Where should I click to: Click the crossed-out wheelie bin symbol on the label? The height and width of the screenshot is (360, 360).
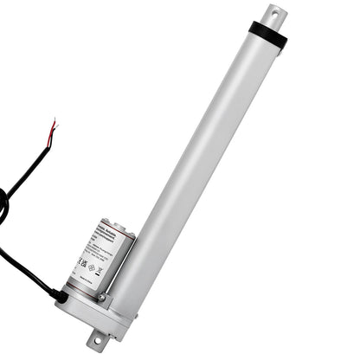click(x=100, y=270)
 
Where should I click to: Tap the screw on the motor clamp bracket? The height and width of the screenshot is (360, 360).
click(x=101, y=297)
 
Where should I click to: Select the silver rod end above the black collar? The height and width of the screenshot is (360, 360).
click(x=276, y=16)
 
